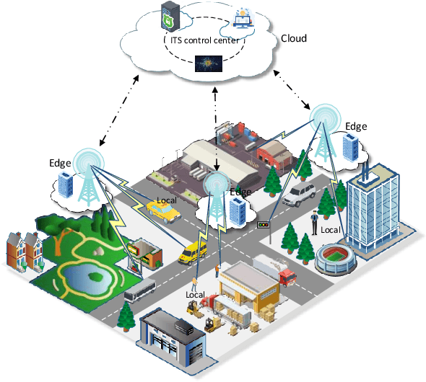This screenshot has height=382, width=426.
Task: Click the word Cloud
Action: point(293,37)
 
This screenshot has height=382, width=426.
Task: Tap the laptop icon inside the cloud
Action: point(242,19)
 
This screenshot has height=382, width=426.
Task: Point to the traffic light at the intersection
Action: point(264,225)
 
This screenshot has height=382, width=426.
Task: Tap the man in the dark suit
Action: point(314,223)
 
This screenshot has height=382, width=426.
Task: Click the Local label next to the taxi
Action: point(167,200)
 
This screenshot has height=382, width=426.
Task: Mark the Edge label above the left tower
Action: point(61,163)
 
